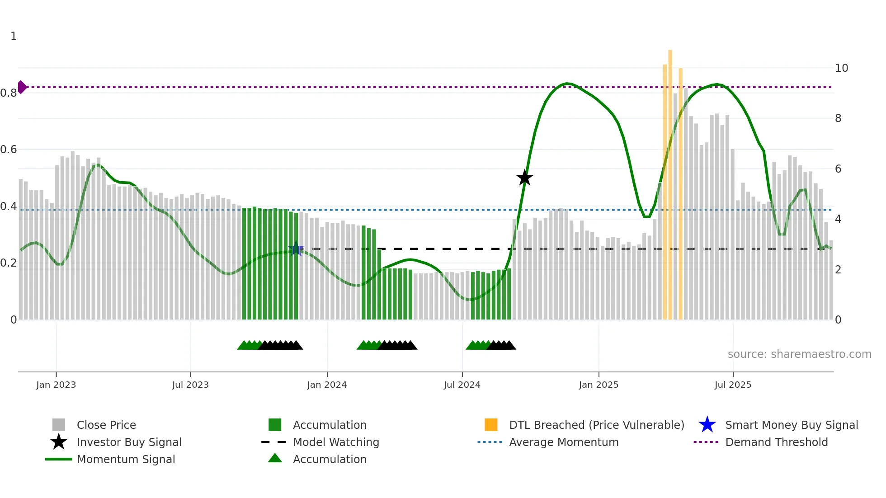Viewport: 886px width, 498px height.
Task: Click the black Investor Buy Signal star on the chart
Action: coord(524,178)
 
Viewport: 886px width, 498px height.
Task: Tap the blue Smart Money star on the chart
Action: coord(296,249)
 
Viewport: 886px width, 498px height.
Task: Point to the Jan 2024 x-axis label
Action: coord(327,385)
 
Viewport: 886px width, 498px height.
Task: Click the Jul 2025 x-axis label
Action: coord(733,385)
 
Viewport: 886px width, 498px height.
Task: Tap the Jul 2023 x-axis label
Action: coord(190,385)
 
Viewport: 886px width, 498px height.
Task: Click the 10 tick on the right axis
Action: coord(841,68)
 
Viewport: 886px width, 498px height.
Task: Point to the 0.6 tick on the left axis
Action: coord(9,150)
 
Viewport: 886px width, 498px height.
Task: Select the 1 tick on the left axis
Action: coord(14,36)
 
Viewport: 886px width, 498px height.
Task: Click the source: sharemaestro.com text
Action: coord(799,354)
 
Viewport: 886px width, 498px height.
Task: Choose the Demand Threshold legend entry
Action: coord(776,442)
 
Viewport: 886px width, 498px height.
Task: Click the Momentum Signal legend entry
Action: coord(126,459)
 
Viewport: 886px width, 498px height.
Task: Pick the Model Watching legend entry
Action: coord(336,442)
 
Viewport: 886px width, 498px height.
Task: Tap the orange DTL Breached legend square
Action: coord(491,425)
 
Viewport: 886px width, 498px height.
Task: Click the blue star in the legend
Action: coord(707,425)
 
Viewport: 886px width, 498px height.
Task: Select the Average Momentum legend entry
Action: coord(564,442)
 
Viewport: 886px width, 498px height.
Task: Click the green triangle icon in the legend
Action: coord(275,459)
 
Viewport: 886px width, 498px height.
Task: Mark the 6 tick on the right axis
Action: coord(838,169)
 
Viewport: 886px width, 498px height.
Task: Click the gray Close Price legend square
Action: coord(59,425)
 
